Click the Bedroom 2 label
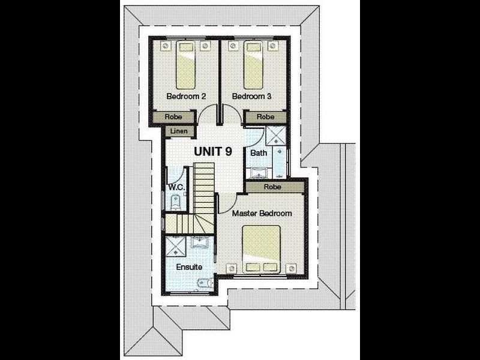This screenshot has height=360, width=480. (186, 97)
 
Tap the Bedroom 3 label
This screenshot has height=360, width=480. (251, 97)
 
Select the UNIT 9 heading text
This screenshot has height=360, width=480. (213, 151)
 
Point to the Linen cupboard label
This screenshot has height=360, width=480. (179, 131)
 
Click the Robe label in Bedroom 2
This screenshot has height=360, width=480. (173, 117)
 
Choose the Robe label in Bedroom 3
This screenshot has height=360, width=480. (265, 117)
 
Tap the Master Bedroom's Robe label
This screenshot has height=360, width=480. (272, 187)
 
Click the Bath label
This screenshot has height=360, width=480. (259, 153)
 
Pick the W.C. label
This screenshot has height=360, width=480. (176, 187)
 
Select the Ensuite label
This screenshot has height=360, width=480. (189, 267)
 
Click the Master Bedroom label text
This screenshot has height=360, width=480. (262, 214)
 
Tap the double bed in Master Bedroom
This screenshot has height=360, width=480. (262, 249)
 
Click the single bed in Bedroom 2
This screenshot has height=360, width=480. (186, 65)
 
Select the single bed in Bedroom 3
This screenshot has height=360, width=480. (253, 65)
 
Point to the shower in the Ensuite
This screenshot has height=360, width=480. (176, 246)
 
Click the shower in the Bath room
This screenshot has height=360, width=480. (275, 136)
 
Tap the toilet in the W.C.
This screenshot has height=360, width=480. (175, 202)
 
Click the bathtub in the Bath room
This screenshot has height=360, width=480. (280, 162)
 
